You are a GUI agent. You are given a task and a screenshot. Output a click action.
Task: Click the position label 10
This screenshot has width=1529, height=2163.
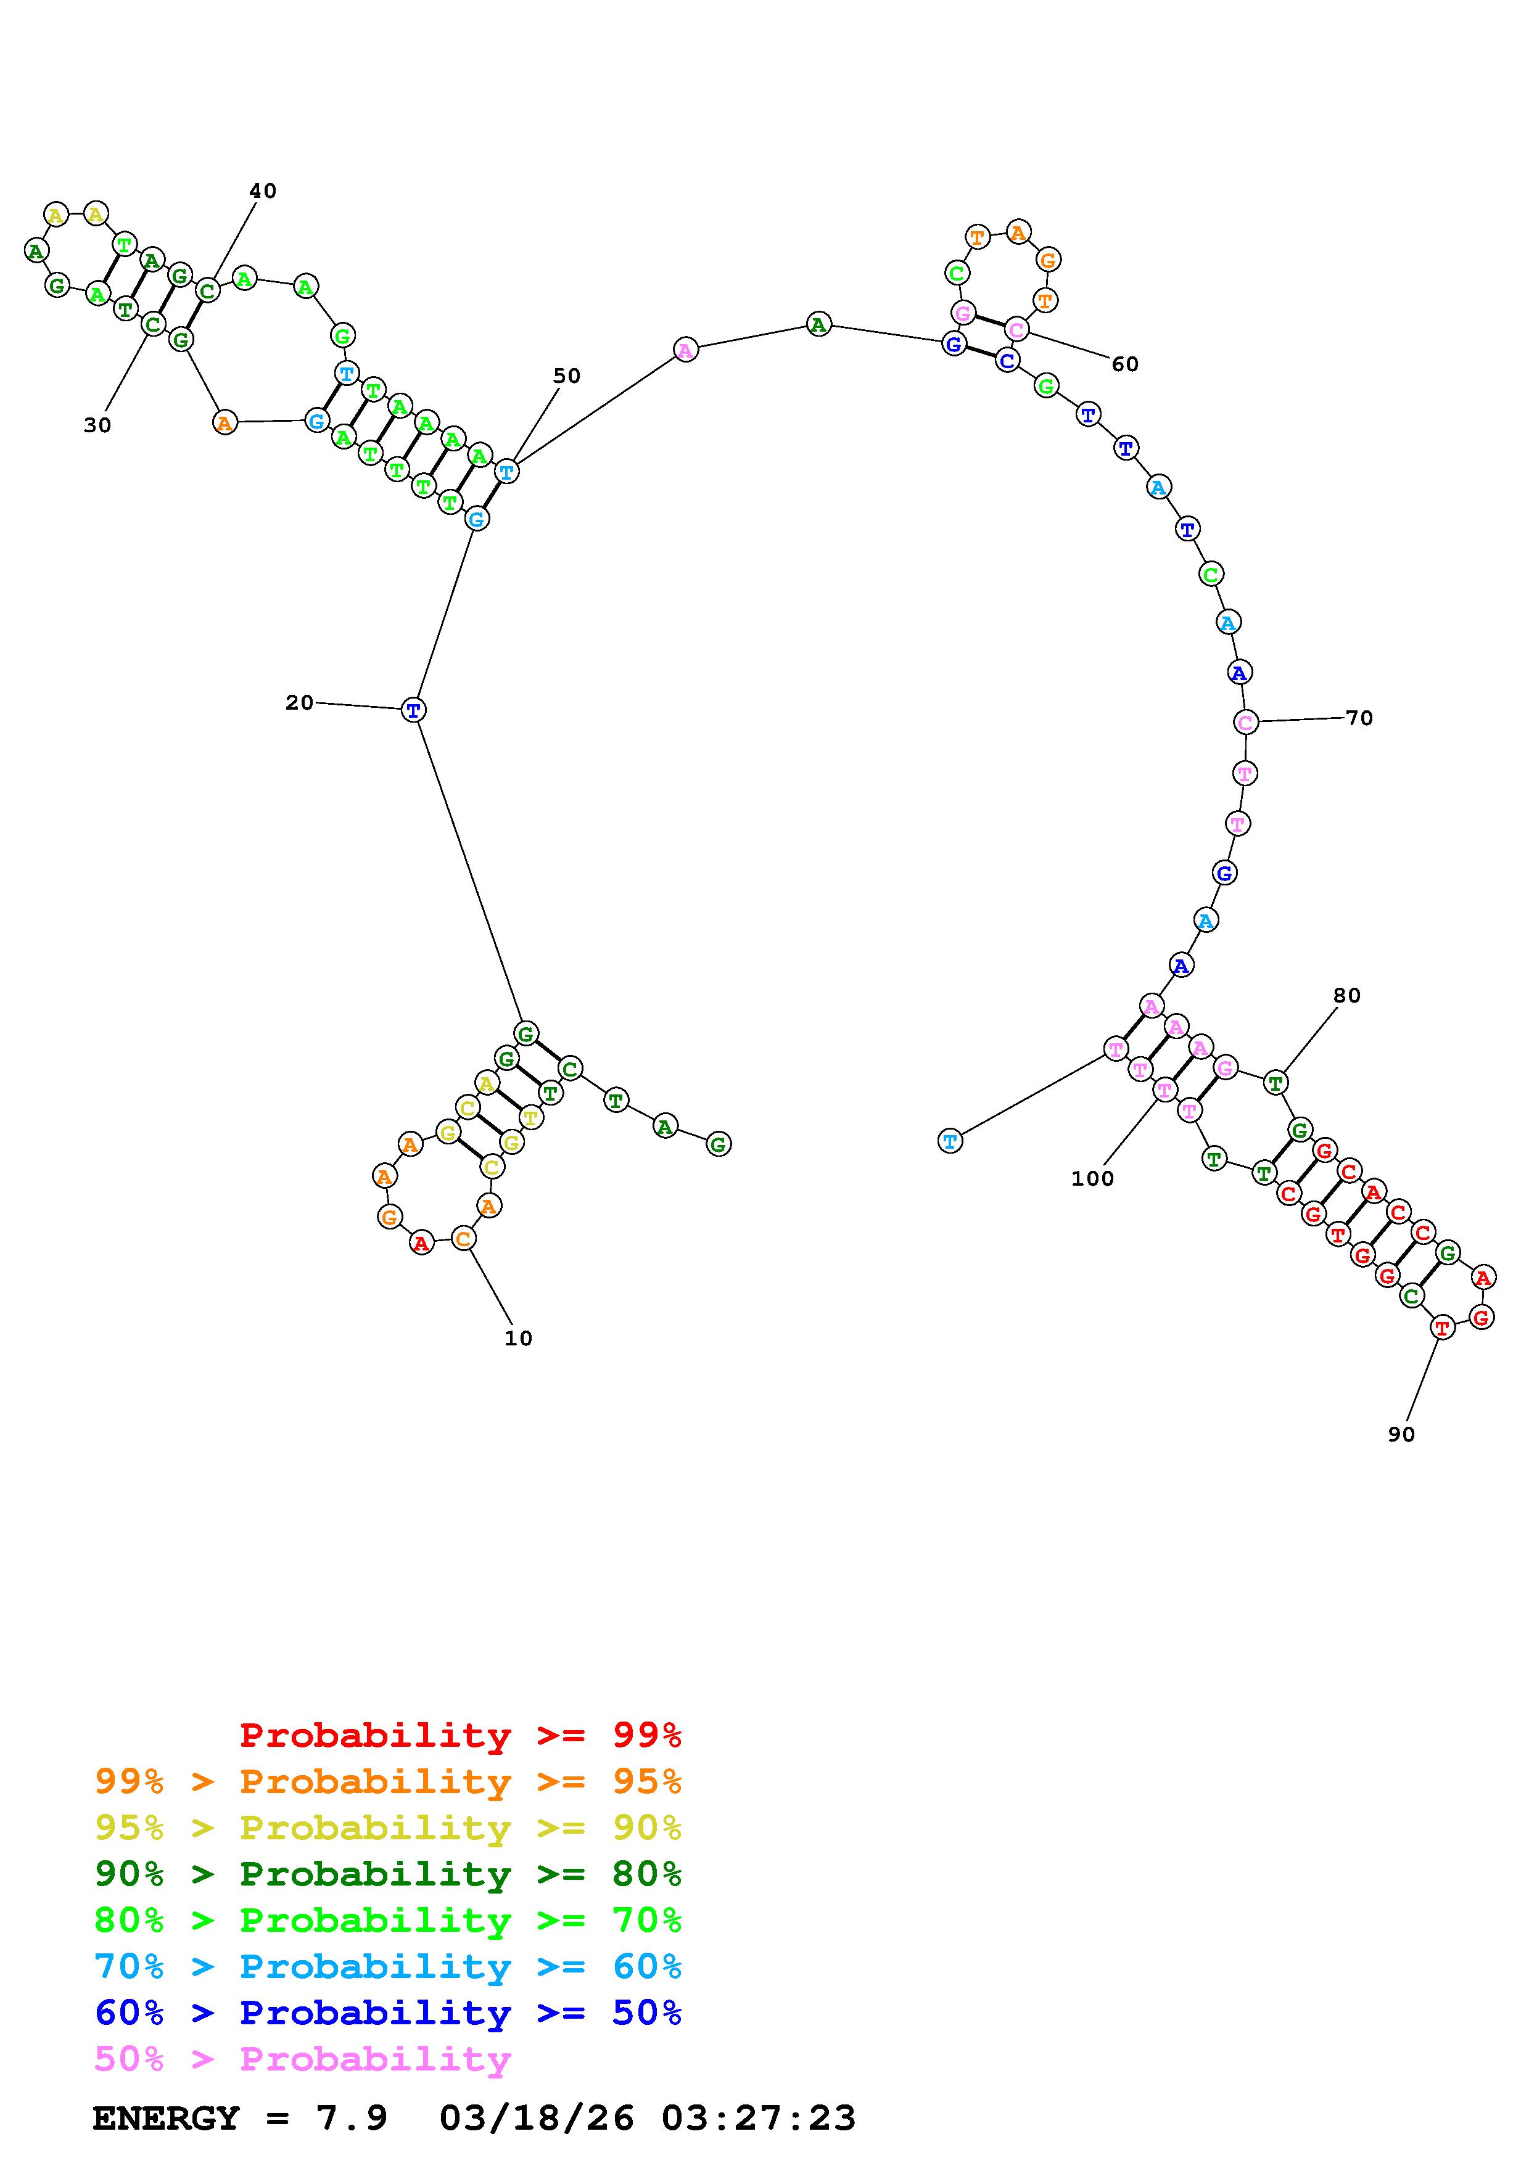point(518,1339)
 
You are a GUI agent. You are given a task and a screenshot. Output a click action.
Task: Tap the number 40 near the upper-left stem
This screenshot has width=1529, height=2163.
point(263,191)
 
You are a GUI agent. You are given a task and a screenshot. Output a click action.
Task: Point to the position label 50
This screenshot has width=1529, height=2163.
point(566,376)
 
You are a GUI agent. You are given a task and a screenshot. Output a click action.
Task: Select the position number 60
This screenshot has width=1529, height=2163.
point(1125,364)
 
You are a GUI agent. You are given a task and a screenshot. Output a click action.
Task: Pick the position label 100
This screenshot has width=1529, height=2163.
point(1092,1178)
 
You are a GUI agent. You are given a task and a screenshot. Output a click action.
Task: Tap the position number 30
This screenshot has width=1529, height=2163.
point(97,426)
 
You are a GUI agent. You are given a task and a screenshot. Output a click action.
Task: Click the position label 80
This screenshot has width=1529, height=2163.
point(1347,996)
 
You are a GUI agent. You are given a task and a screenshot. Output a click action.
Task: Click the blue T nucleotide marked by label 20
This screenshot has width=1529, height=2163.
point(413,709)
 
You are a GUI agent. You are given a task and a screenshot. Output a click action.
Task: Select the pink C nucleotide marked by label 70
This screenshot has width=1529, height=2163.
point(1245,723)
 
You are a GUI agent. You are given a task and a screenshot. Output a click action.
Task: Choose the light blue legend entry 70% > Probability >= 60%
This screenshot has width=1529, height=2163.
point(388,1967)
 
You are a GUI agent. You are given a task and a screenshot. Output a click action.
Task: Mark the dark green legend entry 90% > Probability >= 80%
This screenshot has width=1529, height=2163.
point(388,1874)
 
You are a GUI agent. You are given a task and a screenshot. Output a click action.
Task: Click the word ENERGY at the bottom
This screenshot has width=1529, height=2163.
point(166,2119)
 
